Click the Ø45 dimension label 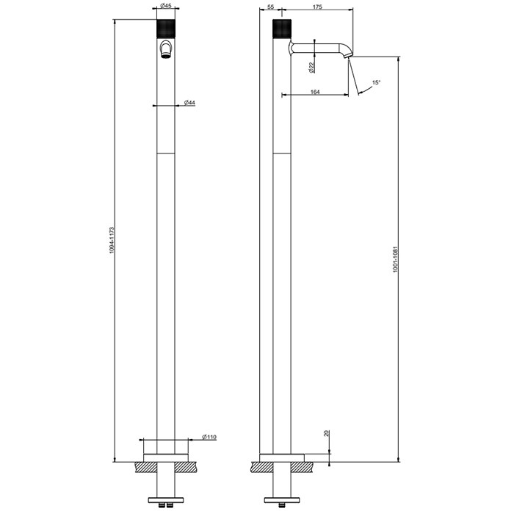[166, 6]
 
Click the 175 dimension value [317, 6]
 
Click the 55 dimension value [271, 6]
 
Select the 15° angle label [376, 83]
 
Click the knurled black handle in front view [166, 29]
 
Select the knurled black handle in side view [283, 29]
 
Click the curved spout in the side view [323, 48]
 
